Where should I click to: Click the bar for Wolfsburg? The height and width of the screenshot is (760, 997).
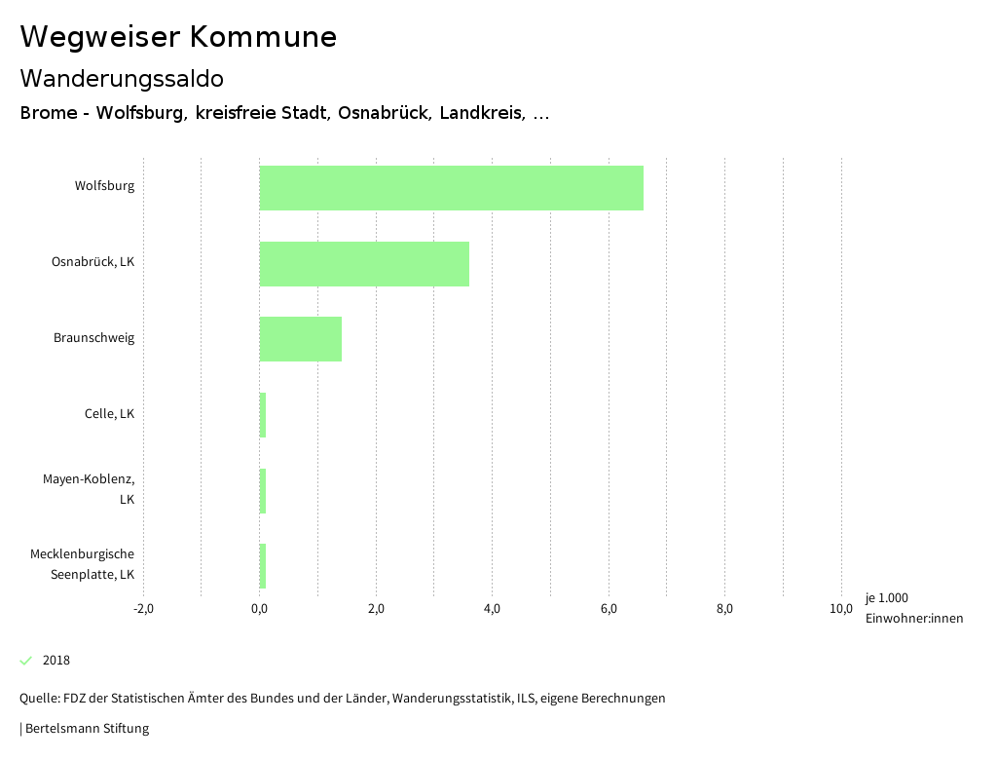pos(451,188)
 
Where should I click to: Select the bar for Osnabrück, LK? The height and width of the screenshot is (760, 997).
pos(364,263)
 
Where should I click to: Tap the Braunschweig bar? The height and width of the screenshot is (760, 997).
pos(301,339)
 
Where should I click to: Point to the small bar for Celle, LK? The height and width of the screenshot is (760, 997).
pos(263,415)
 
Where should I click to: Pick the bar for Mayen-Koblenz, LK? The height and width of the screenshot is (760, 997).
pos(263,491)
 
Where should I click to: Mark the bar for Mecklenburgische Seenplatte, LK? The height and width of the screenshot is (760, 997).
pos(263,566)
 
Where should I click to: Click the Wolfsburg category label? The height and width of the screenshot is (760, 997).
pos(104,185)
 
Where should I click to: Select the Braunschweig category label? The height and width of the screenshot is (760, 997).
pos(93,338)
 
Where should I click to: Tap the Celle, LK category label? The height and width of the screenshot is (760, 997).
pos(109,414)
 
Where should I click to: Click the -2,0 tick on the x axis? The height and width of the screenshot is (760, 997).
pos(143,609)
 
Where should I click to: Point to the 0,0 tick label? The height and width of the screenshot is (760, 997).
pos(259,609)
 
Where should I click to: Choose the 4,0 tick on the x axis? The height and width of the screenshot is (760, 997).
pos(492,609)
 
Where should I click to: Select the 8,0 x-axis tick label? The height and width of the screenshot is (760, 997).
pos(724,609)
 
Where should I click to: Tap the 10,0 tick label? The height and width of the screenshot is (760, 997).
pos(840,609)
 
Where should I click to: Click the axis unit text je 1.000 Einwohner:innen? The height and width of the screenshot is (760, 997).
pos(913,608)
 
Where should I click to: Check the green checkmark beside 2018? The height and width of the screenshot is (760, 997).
pos(26,661)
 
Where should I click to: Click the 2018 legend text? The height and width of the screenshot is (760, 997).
pos(56,661)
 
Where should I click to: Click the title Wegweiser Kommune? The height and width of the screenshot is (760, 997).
pos(178,37)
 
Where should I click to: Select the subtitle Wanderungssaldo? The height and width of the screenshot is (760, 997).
pos(122,78)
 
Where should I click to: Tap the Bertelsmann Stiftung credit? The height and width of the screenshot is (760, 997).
pos(86,728)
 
